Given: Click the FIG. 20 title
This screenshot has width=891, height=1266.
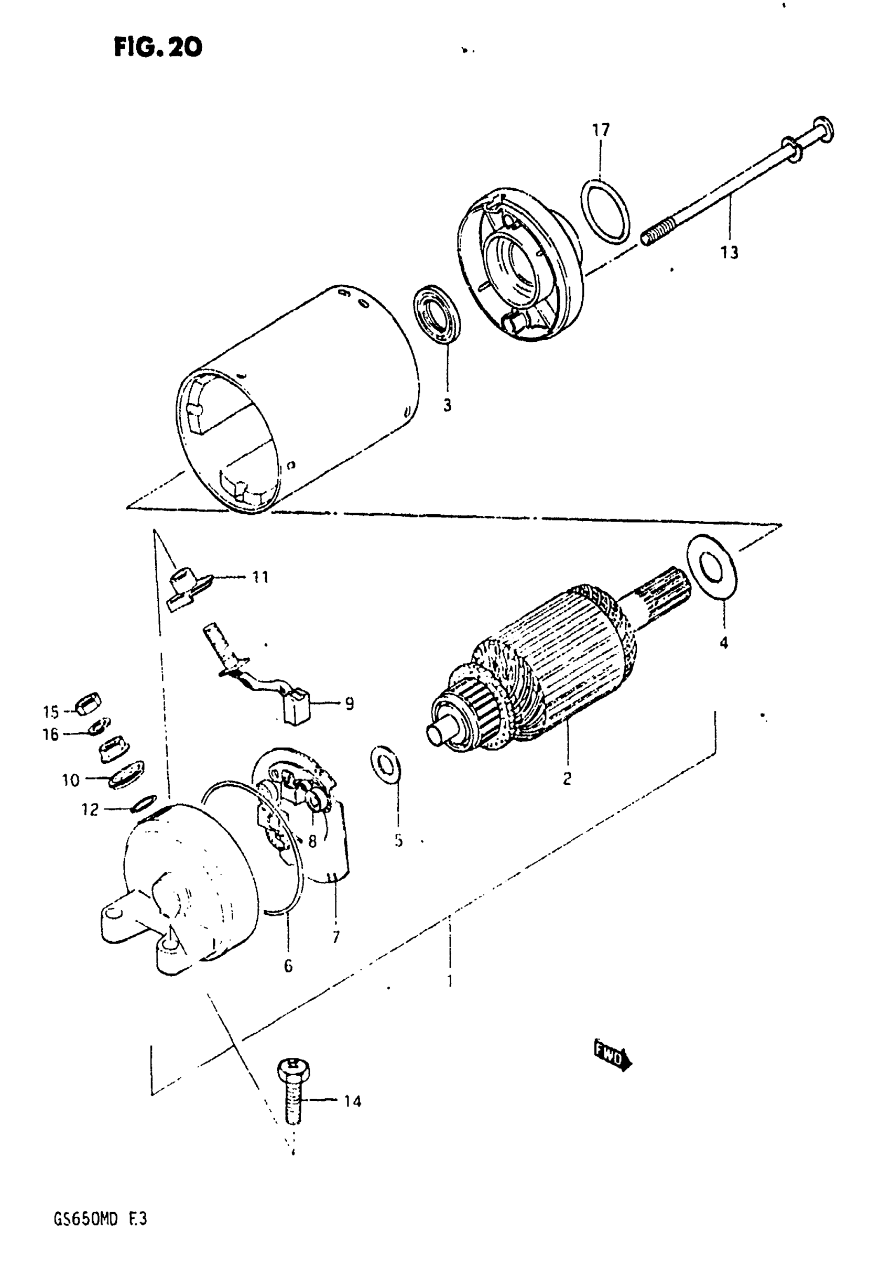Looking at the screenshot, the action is [158, 47].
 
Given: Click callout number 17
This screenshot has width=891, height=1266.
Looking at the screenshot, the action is [601, 130].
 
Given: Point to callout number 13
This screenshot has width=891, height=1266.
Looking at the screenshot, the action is [729, 253].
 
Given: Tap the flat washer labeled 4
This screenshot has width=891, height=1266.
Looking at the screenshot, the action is [711, 565].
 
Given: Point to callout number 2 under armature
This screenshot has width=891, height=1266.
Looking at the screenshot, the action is [567, 778].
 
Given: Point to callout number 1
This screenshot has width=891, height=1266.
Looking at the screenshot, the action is [450, 981].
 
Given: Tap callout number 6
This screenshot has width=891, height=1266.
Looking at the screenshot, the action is [288, 966].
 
